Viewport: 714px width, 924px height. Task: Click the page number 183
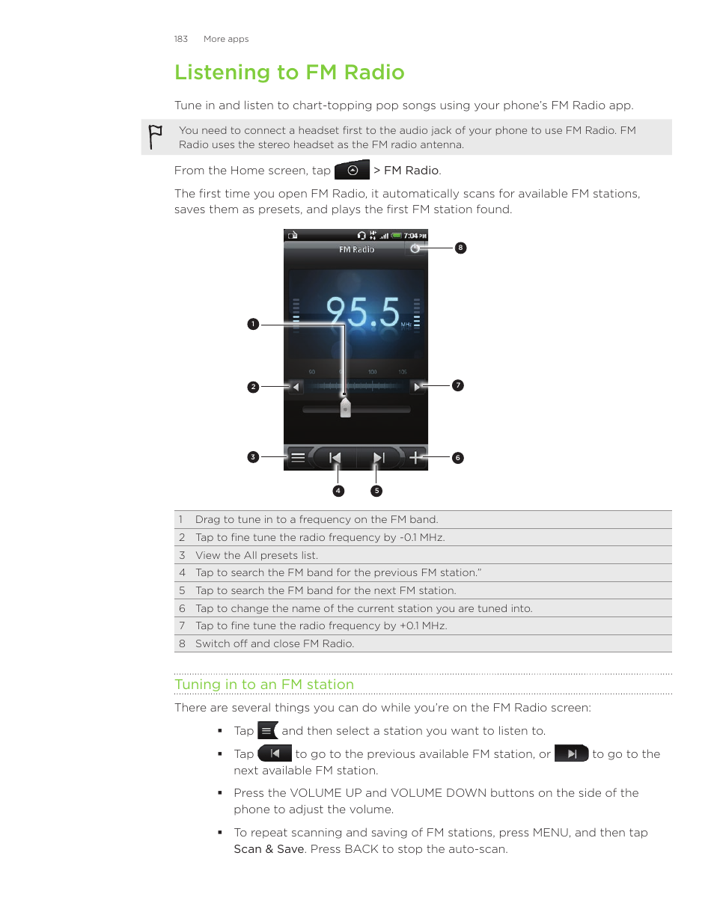click(x=180, y=39)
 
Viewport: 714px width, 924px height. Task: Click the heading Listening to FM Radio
click(x=289, y=73)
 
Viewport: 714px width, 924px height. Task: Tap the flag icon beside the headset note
click(x=155, y=136)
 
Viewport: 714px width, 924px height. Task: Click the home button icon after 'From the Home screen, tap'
click(x=352, y=171)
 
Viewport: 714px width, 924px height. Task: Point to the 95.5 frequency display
click(x=363, y=312)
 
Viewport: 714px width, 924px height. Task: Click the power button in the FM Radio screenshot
click(x=415, y=248)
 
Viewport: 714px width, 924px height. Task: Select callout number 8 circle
click(x=460, y=248)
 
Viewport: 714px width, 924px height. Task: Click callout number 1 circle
click(x=253, y=324)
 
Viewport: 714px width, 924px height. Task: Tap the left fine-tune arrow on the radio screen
click(x=296, y=387)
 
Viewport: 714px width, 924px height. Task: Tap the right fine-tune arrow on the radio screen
click(x=417, y=387)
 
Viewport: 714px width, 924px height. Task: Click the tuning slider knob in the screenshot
click(x=345, y=407)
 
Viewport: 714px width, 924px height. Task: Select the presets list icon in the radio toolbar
click(x=298, y=457)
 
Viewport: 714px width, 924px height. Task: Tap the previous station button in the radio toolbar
click(x=335, y=457)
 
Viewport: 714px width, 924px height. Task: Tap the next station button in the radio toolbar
click(x=378, y=457)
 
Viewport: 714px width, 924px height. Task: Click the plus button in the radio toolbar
click(x=415, y=457)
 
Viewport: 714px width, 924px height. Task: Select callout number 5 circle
click(x=376, y=491)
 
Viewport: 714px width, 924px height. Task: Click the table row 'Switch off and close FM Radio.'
click(x=274, y=643)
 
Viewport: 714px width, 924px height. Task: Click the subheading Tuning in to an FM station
click(x=263, y=685)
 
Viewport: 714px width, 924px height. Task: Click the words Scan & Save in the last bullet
click(x=269, y=849)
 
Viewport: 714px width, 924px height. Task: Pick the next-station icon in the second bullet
click(x=571, y=754)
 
